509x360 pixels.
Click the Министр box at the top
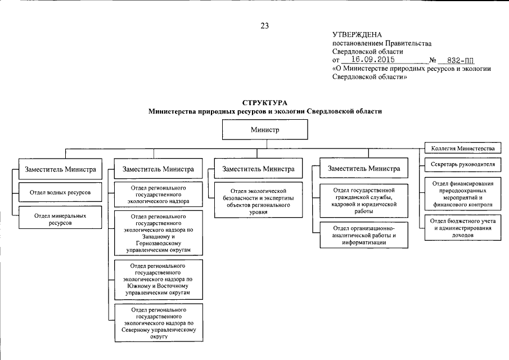[x=265, y=130]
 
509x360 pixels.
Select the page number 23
[x=265, y=25]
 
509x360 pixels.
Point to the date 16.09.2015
[x=371, y=58]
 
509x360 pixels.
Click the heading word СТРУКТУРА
[x=265, y=103]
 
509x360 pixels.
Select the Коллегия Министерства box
[x=462, y=148]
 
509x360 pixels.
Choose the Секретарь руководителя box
[x=462, y=165]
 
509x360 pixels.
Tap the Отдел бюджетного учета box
[x=462, y=228]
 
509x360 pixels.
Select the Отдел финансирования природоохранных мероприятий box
[x=462, y=194]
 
